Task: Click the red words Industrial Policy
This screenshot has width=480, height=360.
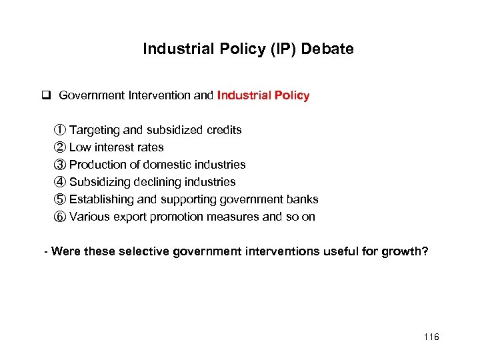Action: (x=263, y=95)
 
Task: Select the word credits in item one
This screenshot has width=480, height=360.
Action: (x=223, y=130)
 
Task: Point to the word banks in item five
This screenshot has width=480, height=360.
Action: (x=303, y=199)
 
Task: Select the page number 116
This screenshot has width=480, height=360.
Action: (x=431, y=337)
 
